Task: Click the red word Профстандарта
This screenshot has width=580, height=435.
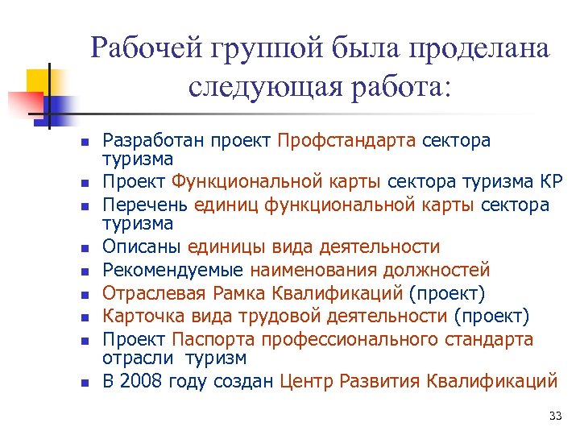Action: [x=346, y=141]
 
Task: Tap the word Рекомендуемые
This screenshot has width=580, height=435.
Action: [x=173, y=269]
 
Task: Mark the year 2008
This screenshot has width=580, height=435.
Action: [x=140, y=379]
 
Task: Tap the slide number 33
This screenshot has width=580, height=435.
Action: [x=554, y=416]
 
